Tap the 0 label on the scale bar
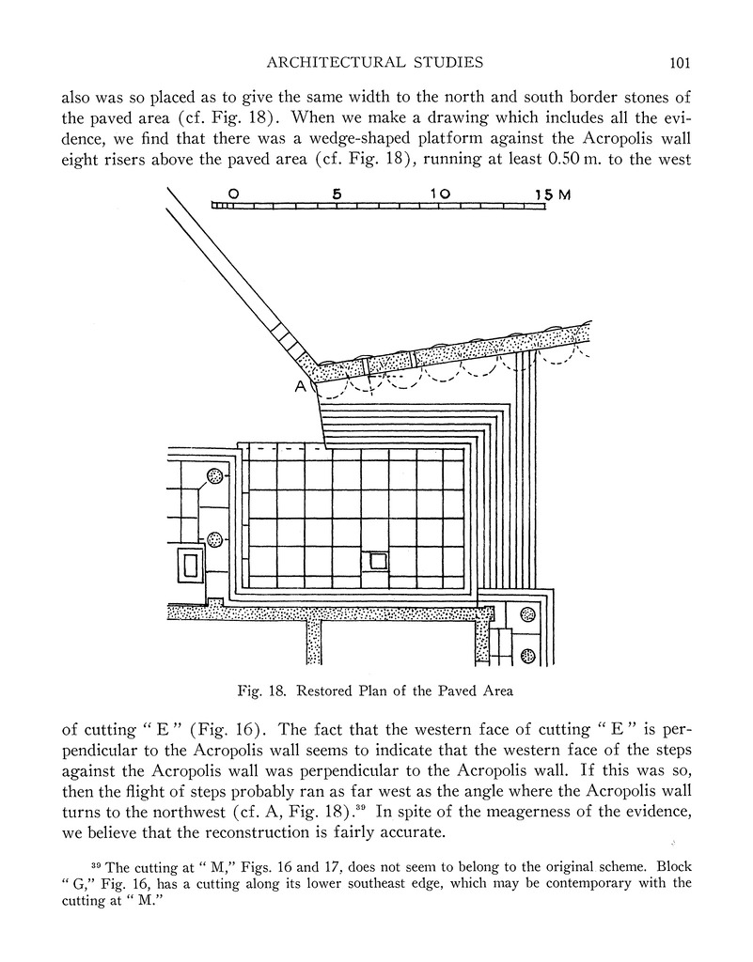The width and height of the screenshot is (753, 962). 232,194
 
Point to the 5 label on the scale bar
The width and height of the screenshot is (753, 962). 336,194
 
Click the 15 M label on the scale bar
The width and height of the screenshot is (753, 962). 553,194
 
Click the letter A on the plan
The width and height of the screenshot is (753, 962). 301,387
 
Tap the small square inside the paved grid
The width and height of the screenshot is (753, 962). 379,561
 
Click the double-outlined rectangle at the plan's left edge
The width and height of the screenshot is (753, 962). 190,566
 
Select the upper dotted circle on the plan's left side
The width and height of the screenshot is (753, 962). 215,476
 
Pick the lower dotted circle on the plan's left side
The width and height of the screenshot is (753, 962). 215,539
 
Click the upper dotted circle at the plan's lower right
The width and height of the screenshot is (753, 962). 527,615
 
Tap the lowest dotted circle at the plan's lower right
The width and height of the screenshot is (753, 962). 527,655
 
